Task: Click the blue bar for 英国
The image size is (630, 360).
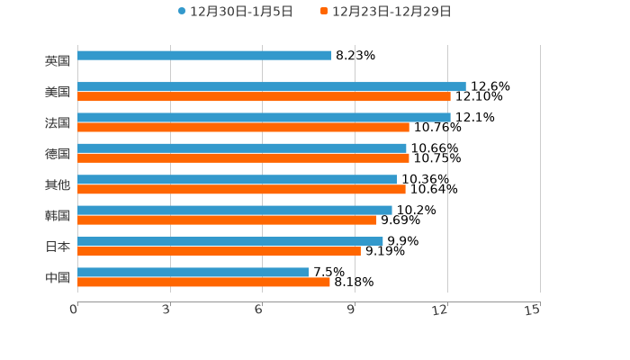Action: [204, 56]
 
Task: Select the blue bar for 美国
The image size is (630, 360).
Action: [271, 86]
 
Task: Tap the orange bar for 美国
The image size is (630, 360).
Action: [264, 96]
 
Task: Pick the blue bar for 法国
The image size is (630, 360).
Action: [264, 117]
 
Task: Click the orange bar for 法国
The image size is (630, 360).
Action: [243, 127]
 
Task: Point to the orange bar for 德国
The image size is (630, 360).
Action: [243, 158]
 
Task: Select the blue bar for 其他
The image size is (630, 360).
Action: [237, 179]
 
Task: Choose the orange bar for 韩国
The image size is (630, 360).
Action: [227, 220]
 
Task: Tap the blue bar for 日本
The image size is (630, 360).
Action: [229, 241]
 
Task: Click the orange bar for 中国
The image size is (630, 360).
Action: [203, 282]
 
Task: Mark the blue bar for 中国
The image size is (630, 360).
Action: [193, 272]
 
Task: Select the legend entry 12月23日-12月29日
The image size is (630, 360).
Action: [386, 12]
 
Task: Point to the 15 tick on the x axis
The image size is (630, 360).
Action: [532, 310]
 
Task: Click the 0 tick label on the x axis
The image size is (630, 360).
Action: [74, 310]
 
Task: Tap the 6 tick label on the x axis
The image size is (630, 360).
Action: [258, 310]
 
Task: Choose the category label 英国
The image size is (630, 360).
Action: [58, 60]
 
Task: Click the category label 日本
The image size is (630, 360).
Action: [58, 246]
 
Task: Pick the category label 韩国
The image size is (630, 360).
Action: [58, 215]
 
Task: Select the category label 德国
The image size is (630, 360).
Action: [58, 153]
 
